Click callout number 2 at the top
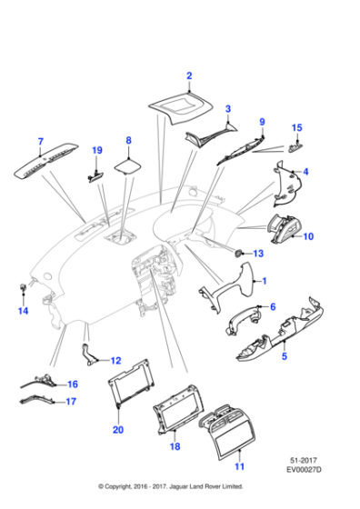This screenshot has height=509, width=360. (x=189, y=75)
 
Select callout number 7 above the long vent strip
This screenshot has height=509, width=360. (x=40, y=142)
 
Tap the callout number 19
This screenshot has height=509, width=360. (x=97, y=150)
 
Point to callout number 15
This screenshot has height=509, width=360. (x=295, y=128)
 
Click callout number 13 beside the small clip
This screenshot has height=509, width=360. (x=257, y=253)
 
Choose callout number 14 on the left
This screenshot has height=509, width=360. (x=25, y=312)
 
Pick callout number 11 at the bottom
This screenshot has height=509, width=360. (x=240, y=467)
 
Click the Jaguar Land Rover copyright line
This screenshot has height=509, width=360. (x=180, y=499)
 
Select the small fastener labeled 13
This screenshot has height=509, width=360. (x=240, y=252)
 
